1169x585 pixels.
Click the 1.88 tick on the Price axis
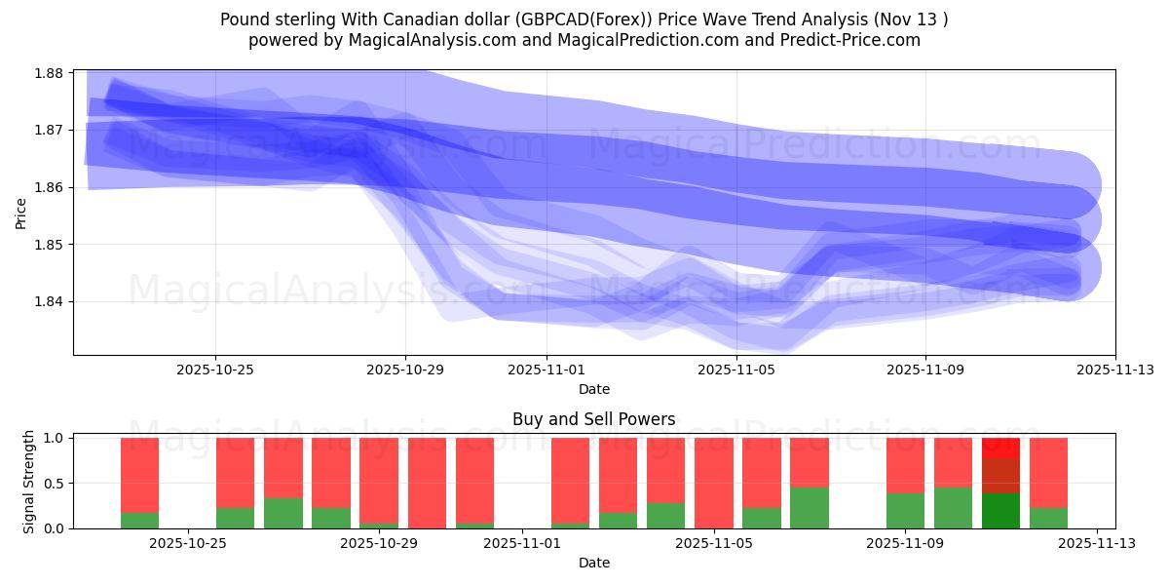(x=49, y=73)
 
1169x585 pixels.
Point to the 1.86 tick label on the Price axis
(x=49, y=187)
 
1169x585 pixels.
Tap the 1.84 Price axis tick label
(x=49, y=301)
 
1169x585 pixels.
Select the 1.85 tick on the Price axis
(x=49, y=245)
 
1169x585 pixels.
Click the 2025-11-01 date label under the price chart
(x=547, y=370)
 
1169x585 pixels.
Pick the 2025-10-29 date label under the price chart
(x=405, y=370)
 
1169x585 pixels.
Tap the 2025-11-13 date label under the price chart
(x=1114, y=370)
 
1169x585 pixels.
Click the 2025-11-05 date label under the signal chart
(x=714, y=543)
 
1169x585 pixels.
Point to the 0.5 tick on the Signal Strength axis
(x=54, y=484)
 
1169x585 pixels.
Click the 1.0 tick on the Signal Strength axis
(x=54, y=439)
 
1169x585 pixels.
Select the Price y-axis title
(x=21, y=212)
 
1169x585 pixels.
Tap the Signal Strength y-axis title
(x=29, y=482)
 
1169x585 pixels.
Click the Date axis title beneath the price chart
(x=594, y=389)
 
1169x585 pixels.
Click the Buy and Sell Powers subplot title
(x=594, y=420)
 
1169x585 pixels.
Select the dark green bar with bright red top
(x=1000, y=483)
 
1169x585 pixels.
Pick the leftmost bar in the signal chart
(x=139, y=483)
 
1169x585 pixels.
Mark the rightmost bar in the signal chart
(x=1048, y=483)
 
